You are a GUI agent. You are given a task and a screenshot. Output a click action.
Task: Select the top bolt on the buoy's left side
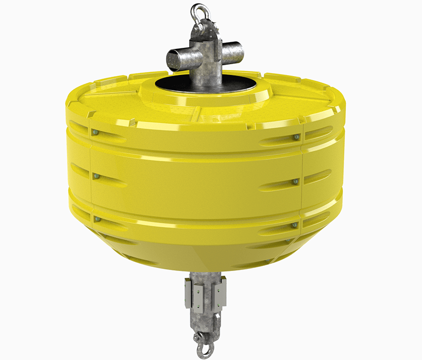tap(96, 133)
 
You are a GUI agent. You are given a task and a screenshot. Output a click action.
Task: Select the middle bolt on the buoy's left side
tap(96, 176)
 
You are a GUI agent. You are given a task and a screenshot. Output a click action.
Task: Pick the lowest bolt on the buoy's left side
tap(96, 219)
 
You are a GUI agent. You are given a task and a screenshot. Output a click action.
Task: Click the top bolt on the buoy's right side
tap(297, 137)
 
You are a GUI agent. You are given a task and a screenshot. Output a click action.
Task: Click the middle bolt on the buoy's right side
tap(295, 182)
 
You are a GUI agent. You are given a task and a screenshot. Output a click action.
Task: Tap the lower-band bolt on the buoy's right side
tap(295, 225)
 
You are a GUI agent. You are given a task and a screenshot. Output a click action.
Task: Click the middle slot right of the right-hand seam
tap(319, 177)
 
